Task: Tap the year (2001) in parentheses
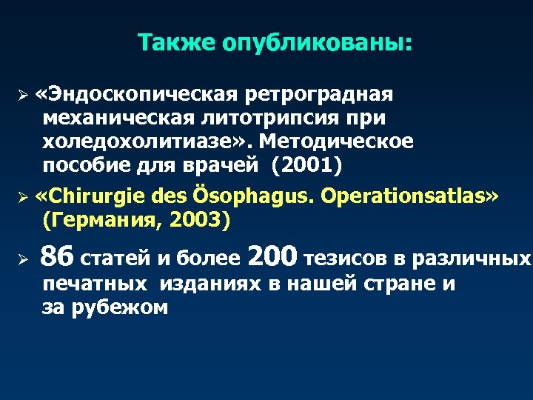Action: pyautogui.click(x=307, y=164)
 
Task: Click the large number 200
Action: pyautogui.click(x=274, y=257)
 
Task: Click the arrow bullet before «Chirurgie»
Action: pyautogui.click(x=23, y=199)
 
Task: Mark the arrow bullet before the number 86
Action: pyautogui.click(x=23, y=259)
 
